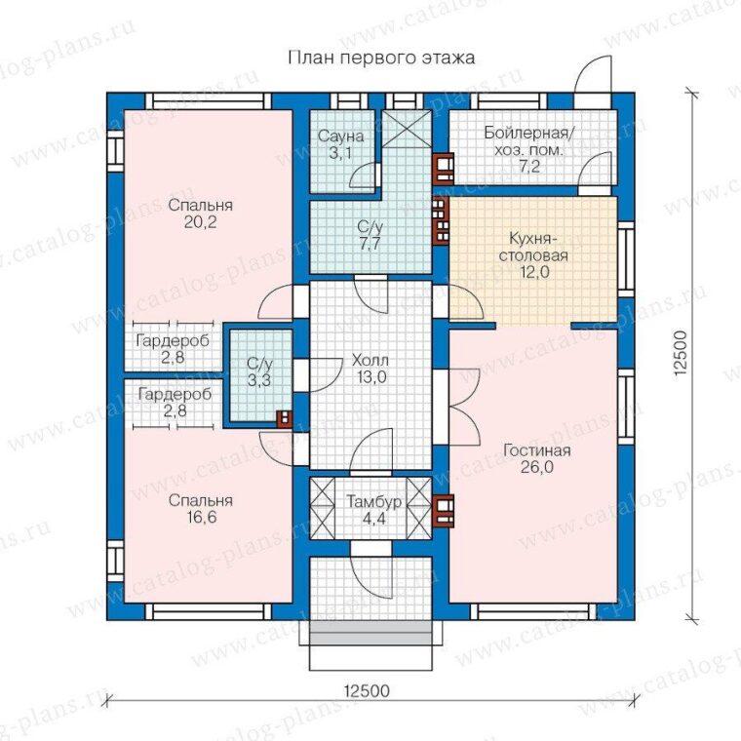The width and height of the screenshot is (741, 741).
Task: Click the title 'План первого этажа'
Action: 381,58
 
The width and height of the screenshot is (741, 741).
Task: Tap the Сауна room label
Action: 340,136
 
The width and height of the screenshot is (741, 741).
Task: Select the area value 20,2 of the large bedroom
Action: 201,221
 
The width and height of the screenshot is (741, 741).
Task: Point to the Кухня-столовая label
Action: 533,247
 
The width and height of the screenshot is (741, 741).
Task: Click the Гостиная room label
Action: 537,450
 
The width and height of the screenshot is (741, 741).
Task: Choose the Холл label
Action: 370,361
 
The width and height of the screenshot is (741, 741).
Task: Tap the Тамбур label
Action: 373,501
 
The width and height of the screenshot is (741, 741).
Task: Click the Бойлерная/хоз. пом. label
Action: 528,141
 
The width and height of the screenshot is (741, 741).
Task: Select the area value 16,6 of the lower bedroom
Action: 201,517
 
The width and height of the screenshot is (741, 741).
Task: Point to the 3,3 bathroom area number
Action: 259,379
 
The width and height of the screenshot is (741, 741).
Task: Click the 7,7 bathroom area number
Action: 370,245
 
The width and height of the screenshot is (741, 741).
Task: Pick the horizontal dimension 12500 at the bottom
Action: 367,690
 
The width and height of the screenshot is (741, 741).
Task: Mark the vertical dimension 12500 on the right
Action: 680,353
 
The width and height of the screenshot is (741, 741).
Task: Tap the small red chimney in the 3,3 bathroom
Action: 285,418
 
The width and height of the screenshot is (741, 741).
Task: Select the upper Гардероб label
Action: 173,340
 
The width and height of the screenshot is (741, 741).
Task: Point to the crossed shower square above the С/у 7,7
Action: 407,129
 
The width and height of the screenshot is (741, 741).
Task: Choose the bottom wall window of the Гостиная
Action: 533,612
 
